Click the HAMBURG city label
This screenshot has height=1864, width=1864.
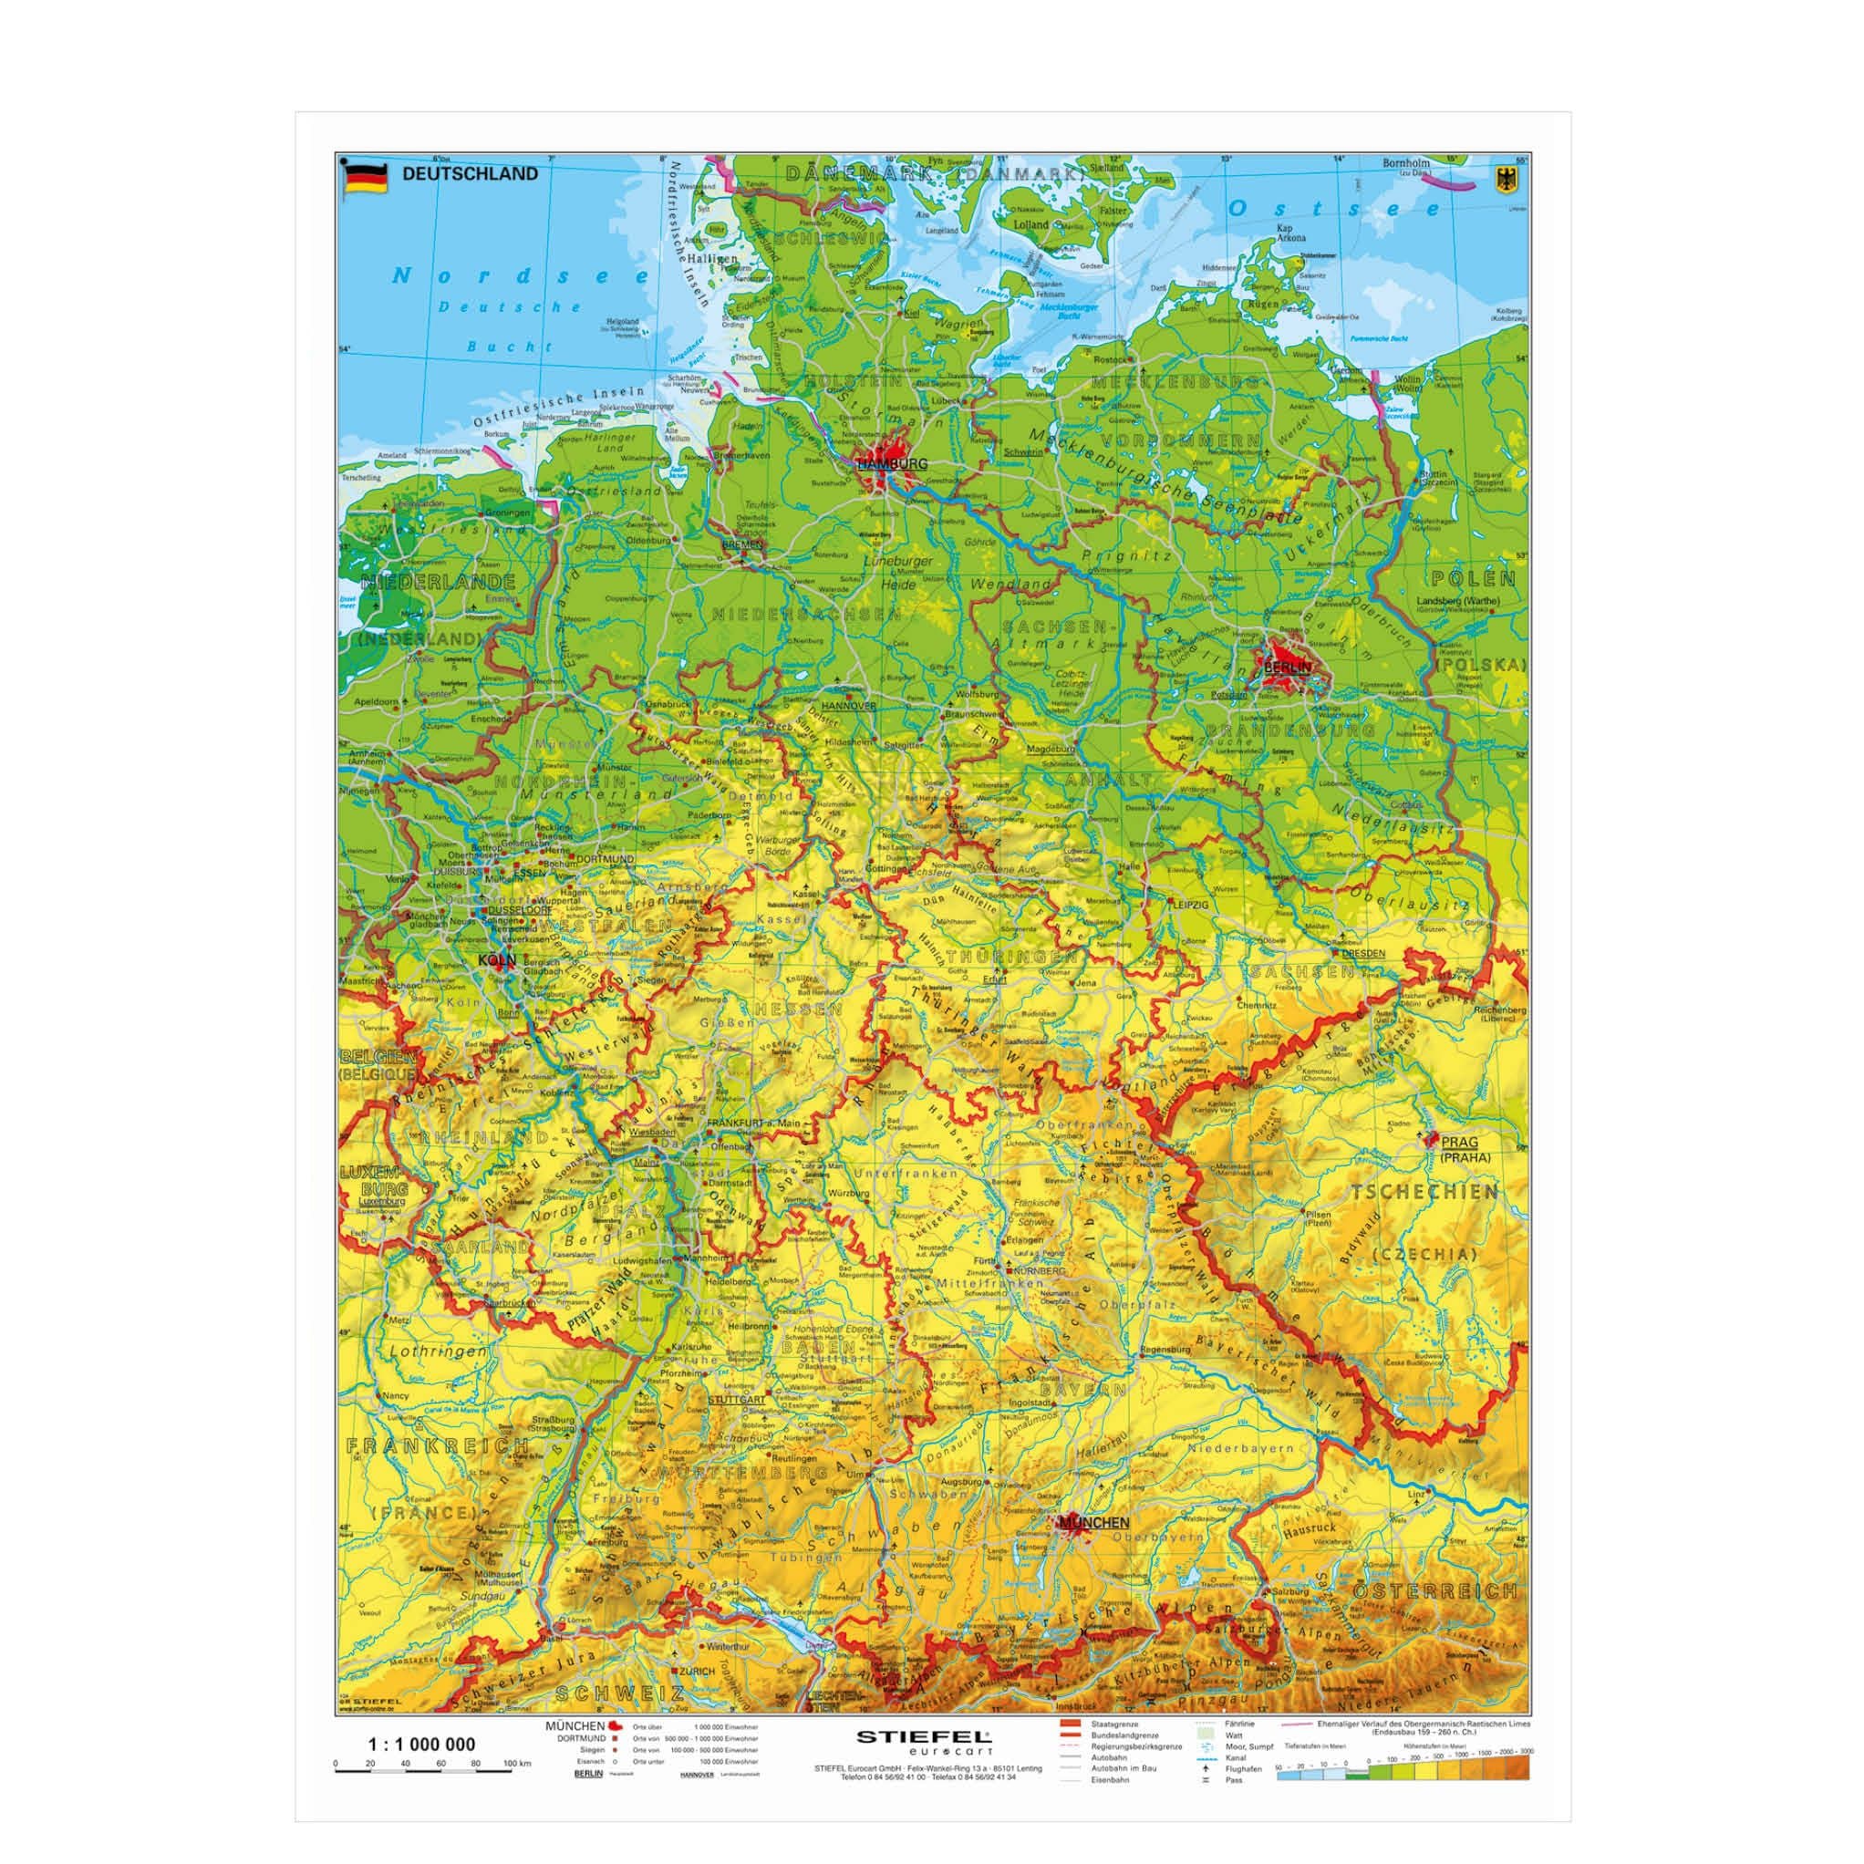892,464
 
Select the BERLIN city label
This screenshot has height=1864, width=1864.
1288,667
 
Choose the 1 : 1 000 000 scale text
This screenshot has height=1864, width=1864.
422,1744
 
